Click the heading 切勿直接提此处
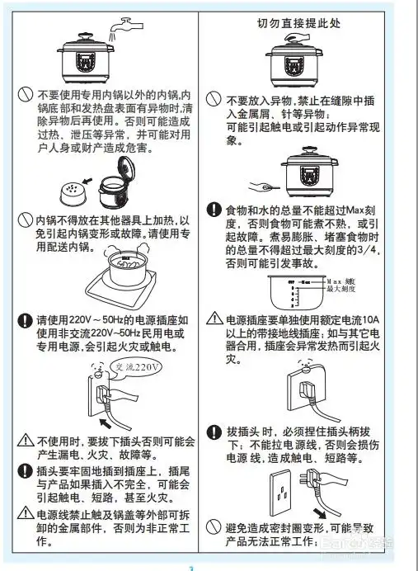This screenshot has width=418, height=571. [300, 21]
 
